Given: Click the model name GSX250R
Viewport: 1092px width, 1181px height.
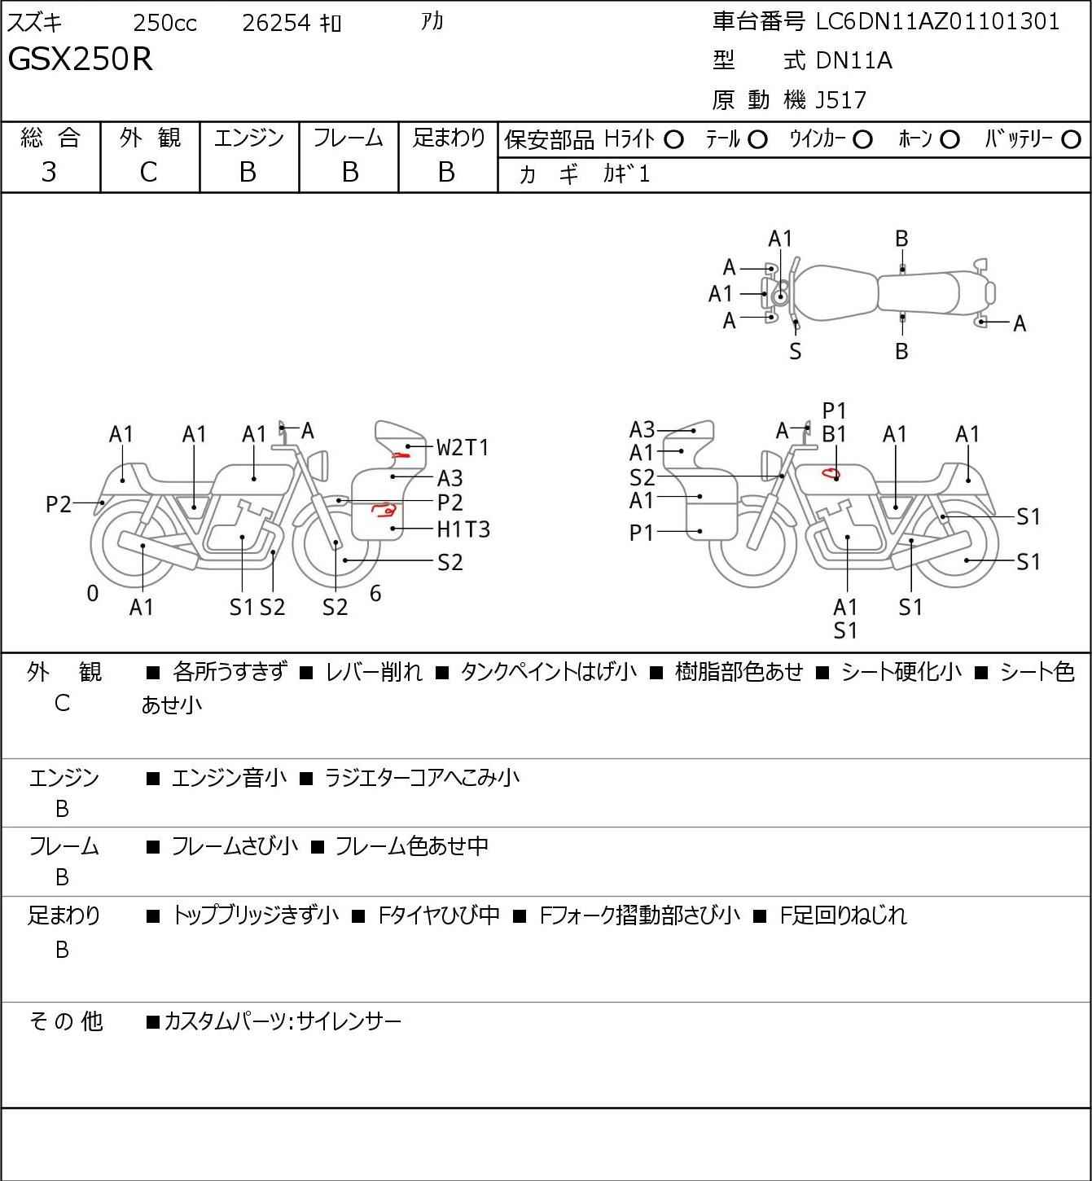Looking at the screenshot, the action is tap(81, 59).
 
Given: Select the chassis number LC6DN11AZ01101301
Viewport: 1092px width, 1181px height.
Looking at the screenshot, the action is tap(937, 22).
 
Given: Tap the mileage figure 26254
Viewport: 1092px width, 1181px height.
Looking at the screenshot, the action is tap(276, 23).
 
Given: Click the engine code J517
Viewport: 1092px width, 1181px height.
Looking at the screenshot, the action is tap(841, 100).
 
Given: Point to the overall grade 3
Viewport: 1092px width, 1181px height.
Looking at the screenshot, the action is tap(50, 172).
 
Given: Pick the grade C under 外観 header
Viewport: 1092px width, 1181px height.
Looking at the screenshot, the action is tap(148, 172).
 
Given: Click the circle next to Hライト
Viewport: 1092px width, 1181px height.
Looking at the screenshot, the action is tap(674, 140).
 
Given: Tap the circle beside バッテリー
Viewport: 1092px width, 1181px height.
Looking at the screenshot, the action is tap(1071, 140).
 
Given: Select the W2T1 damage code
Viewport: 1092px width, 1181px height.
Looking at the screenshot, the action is tap(463, 447).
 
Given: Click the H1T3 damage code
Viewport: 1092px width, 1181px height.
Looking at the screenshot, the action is tap(463, 529).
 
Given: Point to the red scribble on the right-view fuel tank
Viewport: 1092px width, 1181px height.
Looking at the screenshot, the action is tap(831, 473).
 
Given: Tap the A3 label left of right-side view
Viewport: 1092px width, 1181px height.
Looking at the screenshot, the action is tap(642, 429).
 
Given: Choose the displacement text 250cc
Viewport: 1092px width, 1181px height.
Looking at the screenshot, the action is tap(164, 23).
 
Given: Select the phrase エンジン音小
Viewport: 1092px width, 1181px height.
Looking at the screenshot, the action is tap(229, 778).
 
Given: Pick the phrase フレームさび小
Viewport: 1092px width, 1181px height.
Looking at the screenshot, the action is tap(235, 845).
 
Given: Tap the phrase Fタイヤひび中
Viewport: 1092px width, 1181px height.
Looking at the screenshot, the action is tap(439, 915).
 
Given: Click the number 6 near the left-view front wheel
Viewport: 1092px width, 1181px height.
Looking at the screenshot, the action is tap(375, 593).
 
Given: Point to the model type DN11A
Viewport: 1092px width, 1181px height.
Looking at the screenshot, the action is tap(854, 60).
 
